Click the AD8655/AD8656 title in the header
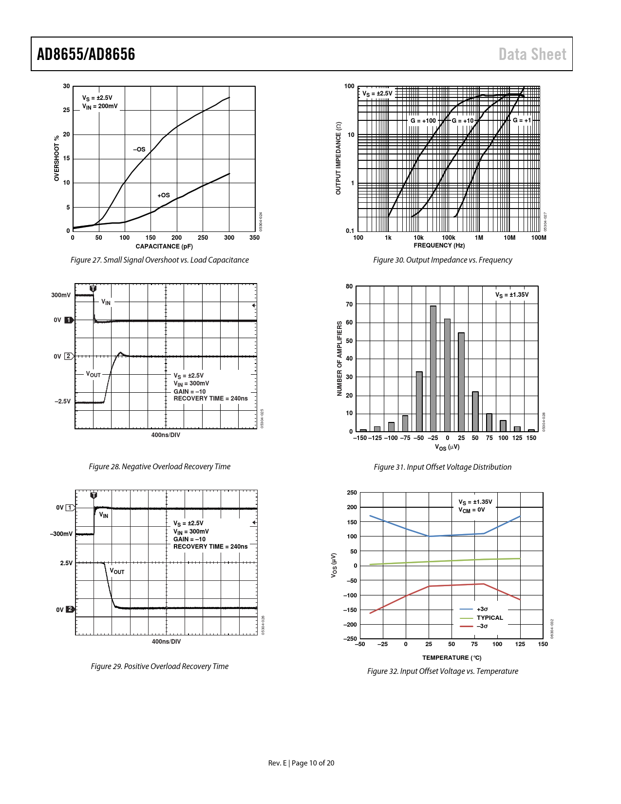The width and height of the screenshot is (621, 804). click(x=86, y=54)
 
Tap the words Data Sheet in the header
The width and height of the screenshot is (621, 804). click(x=532, y=54)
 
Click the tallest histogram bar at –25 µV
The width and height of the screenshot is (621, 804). click(x=433, y=368)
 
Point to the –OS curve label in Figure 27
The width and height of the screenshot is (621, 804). click(x=139, y=150)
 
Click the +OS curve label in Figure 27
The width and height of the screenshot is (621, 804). click(x=164, y=195)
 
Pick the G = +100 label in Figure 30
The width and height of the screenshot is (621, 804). click(x=423, y=121)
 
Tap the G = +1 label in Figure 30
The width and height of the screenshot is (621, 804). click(x=522, y=120)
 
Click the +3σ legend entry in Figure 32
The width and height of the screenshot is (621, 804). click(x=482, y=609)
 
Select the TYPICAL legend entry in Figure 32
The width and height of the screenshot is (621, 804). click(x=489, y=618)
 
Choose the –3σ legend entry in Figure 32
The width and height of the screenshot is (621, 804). click(x=482, y=626)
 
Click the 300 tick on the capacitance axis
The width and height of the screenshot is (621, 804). click(x=229, y=238)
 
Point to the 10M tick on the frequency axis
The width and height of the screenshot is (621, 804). click(x=509, y=238)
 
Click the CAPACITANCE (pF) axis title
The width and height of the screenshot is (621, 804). click(x=164, y=247)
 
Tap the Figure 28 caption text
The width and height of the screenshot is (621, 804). click(x=159, y=467)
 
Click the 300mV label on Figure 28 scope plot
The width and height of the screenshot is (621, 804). click(x=61, y=295)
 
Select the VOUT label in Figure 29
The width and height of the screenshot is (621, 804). click(x=117, y=571)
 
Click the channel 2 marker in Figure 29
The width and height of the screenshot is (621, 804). click(x=70, y=610)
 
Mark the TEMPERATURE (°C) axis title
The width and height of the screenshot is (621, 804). click(x=452, y=658)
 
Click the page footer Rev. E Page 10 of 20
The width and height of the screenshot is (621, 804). click(x=301, y=763)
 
